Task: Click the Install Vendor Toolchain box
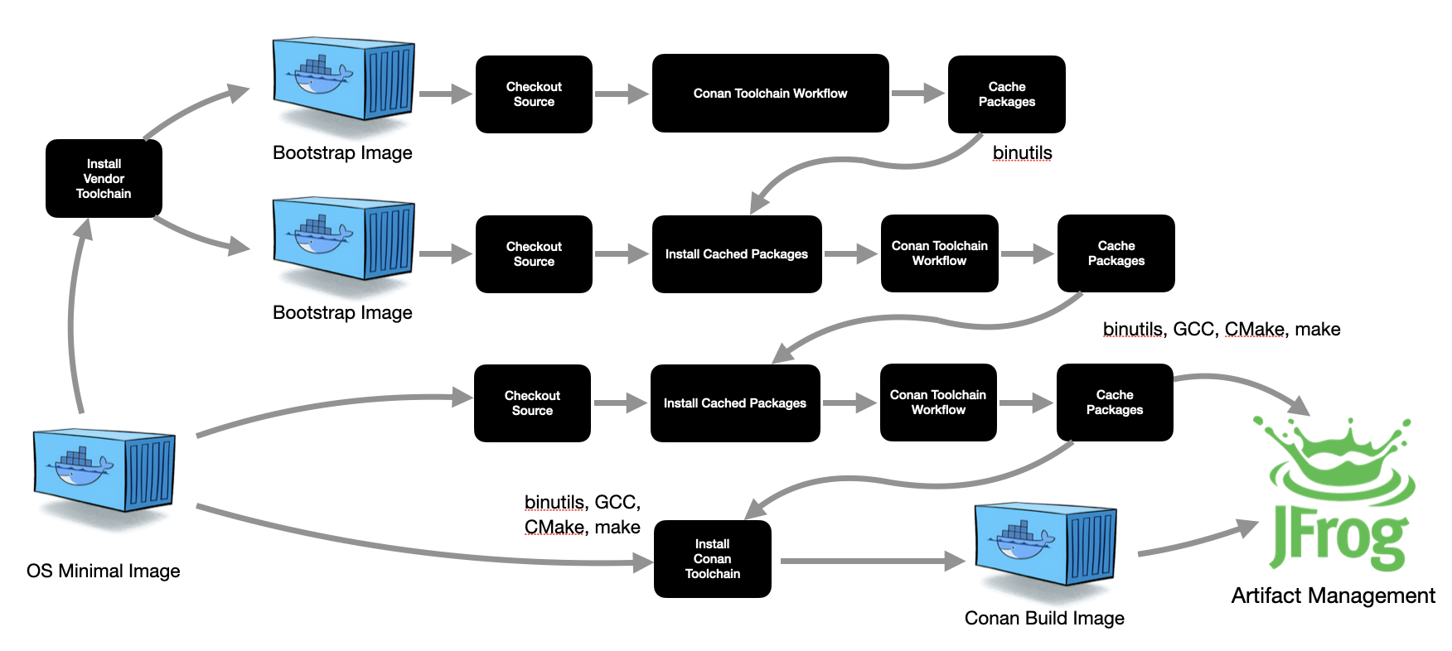click(x=104, y=179)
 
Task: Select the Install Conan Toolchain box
click(x=712, y=559)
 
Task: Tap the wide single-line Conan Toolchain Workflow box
click(x=770, y=94)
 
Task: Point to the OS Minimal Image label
click(x=103, y=571)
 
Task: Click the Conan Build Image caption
click(x=1044, y=619)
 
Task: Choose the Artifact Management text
click(x=1333, y=596)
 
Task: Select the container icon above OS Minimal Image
click(x=104, y=470)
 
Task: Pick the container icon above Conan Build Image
click(x=1045, y=542)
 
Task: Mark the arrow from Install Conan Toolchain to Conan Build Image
click(x=870, y=562)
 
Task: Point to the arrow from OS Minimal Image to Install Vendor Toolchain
click(x=73, y=315)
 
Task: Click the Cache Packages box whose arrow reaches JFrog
click(x=1114, y=403)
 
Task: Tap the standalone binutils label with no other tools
click(x=1022, y=153)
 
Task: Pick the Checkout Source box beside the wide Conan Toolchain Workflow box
click(x=534, y=94)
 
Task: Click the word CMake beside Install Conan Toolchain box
click(x=554, y=528)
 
